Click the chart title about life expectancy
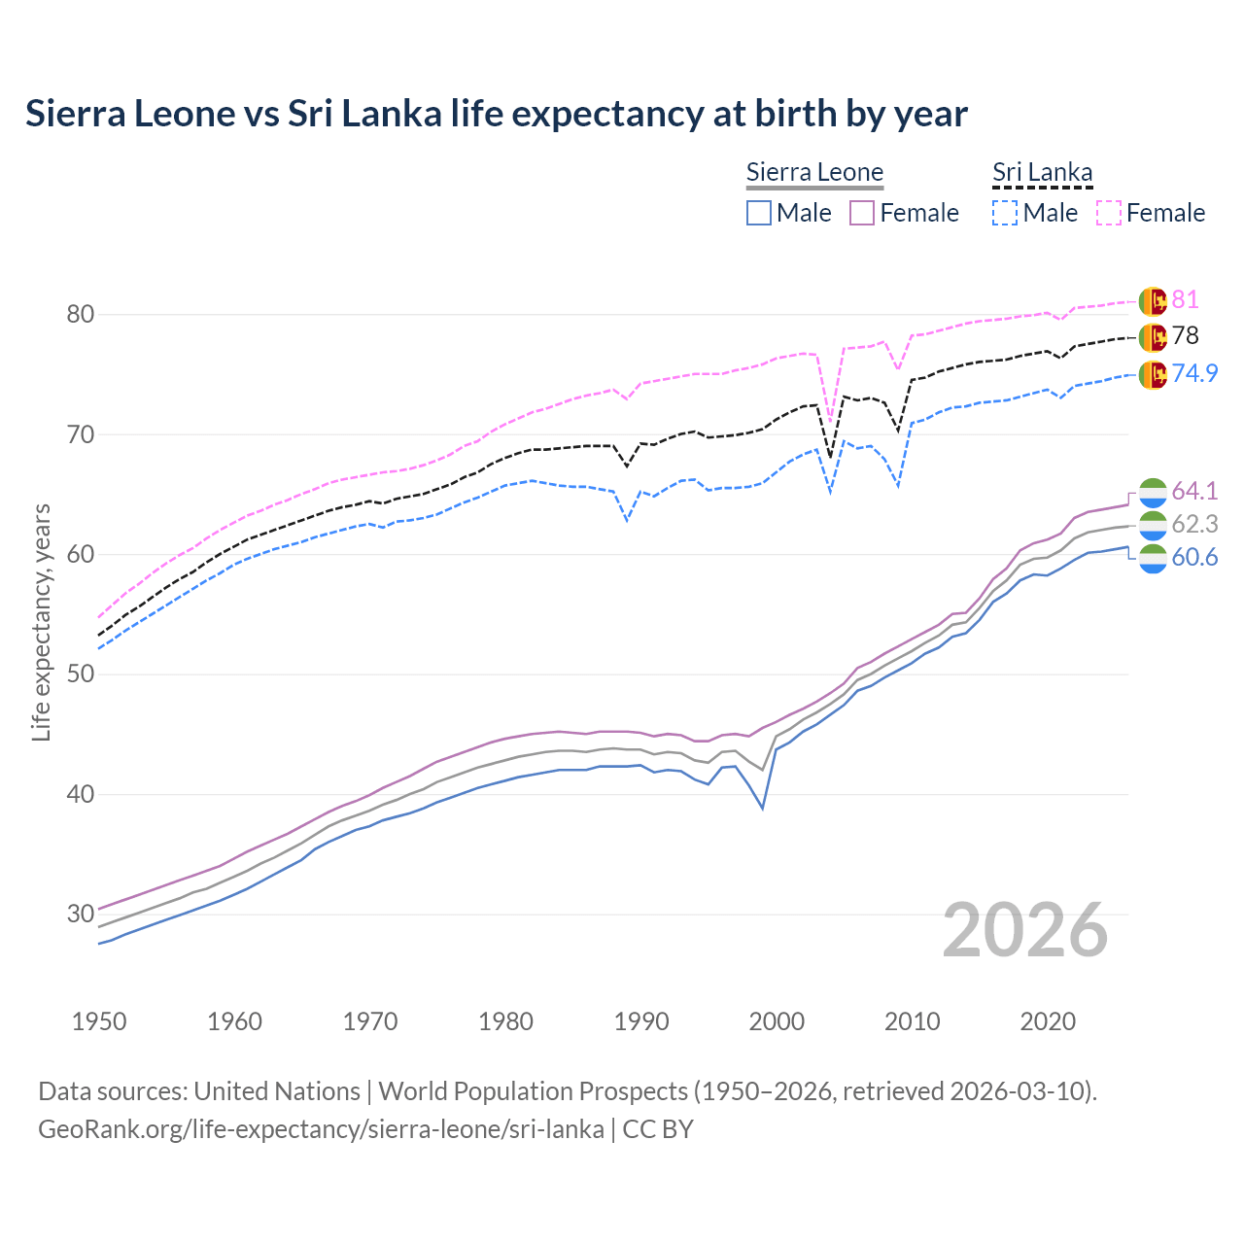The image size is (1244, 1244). point(496,114)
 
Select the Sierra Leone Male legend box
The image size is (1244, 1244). point(759,213)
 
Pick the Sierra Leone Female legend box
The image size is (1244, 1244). point(862,213)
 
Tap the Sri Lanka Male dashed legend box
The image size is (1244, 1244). point(1005,213)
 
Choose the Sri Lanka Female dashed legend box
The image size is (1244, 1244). point(1109,213)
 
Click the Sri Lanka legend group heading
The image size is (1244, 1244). point(1042,173)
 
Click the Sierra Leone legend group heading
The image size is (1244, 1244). point(814,173)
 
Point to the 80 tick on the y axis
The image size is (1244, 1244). point(81,314)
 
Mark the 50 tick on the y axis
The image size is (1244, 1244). point(81,674)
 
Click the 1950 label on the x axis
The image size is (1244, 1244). point(99,1021)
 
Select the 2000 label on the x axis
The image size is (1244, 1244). point(777,1021)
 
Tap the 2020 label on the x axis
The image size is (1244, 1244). point(1048,1021)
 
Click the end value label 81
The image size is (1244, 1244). point(1185,300)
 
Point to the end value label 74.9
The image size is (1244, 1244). point(1194,373)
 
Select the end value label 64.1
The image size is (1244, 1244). point(1194,491)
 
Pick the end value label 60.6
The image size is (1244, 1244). point(1194,558)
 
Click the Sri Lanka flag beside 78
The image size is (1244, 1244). point(1153,337)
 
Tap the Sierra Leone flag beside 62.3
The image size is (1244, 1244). point(1153,525)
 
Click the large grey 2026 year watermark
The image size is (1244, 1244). point(1025,930)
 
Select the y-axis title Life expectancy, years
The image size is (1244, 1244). point(41,622)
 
